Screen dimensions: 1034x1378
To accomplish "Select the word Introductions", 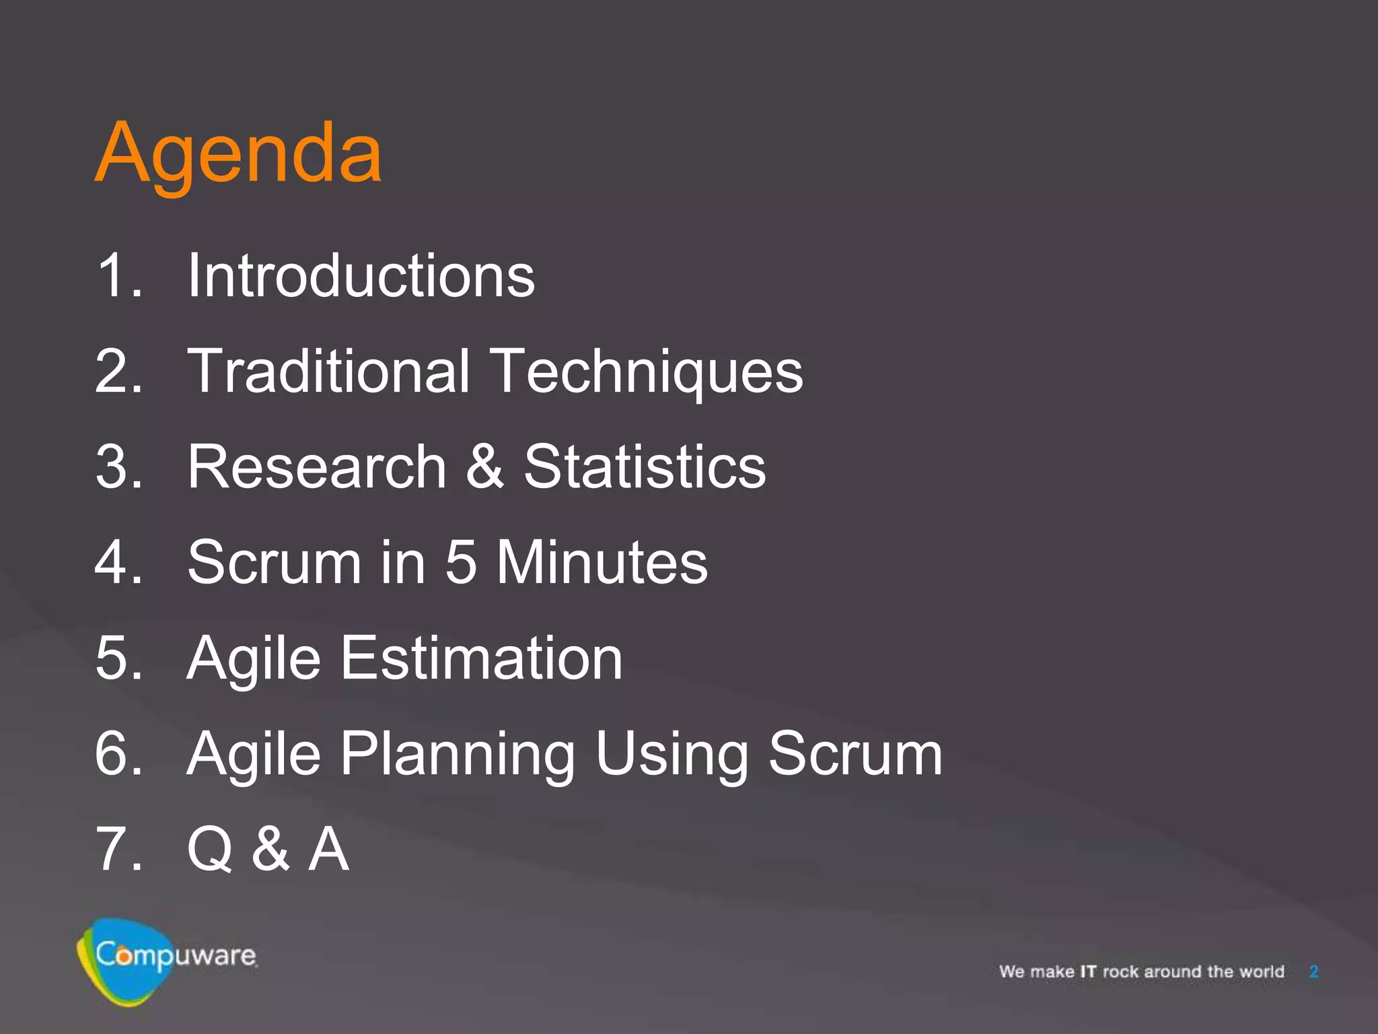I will pyautogui.click(x=361, y=276).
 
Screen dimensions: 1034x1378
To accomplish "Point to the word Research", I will pyautogui.click(x=316, y=467).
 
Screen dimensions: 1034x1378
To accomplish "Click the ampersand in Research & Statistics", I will pyautogui.click(x=484, y=467).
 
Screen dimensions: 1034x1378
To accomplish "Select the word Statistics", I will pyautogui.click(x=645, y=467).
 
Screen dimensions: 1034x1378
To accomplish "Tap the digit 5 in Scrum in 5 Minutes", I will pyautogui.click(x=461, y=563).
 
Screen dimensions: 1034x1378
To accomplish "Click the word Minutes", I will pyautogui.click(x=602, y=563).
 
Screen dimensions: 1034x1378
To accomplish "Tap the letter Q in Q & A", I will pyautogui.click(x=210, y=850).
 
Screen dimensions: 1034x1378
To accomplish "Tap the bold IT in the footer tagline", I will pyautogui.click(x=1088, y=972).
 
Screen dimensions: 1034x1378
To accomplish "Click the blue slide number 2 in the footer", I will pyautogui.click(x=1313, y=972).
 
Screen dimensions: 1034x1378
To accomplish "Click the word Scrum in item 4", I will pyautogui.click(x=275, y=563).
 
